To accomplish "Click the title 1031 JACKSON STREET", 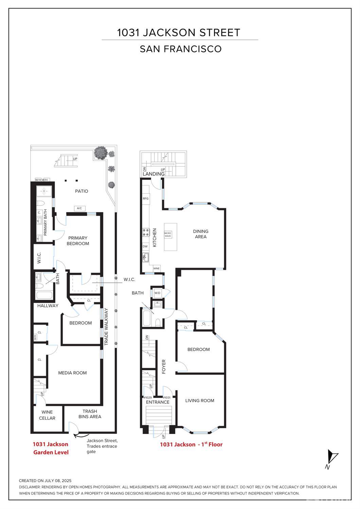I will (x=179, y=33).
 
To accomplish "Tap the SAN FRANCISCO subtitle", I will (x=181, y=49).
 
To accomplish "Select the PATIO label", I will (x=82, y=191).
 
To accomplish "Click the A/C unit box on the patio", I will (x=79, y=208).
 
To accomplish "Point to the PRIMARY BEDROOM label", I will (x=78, y=241).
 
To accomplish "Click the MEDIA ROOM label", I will (x=72, y=373).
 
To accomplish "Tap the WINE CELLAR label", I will (x=47, y=415).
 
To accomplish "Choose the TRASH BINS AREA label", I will (x=90, y=414).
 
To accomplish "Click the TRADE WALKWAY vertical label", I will (x=106, y=327).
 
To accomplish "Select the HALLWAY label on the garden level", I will (x=48, y=306).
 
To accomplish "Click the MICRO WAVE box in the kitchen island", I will (x=168, y=234).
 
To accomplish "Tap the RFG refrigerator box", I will (x=146, y=199).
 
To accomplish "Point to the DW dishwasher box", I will (x=145, y=247).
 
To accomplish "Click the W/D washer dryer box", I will (x=158, y=293).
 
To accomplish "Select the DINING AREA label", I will (x=201, y=234).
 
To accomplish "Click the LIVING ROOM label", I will (x=200, y=401).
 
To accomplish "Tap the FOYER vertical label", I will (x=164, y=367).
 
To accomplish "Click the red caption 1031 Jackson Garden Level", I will (x=51, y=448).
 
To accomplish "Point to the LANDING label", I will (x=154, y=174).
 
